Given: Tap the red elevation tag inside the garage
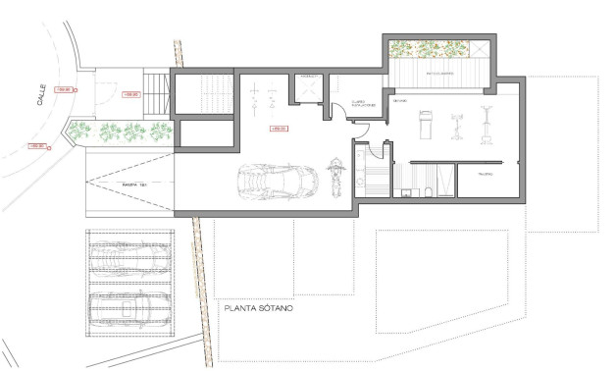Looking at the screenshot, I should coord(276,128).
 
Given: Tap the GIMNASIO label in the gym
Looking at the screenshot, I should coord(401,101).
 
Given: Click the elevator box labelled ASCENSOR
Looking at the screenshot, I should coord(307,89).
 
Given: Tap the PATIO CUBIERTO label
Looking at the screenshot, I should coord(436,73).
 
